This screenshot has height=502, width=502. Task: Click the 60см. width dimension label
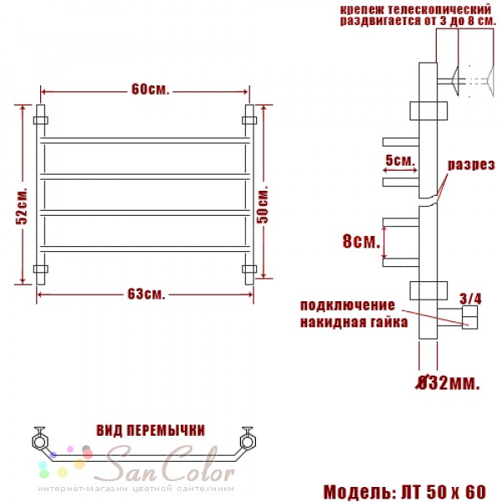click(150, 90)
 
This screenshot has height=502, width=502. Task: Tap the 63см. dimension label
click(146, 294)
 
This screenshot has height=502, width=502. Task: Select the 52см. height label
click(22, 205)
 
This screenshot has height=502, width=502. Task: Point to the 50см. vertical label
click(263, 203)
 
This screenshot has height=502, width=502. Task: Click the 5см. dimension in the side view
click(400, 160)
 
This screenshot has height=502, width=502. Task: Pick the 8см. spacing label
click(361, 241)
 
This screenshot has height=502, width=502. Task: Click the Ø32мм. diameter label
click(448, 382)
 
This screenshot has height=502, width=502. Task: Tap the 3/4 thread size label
click(470, 299)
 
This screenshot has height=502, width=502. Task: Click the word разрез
click(471, 165)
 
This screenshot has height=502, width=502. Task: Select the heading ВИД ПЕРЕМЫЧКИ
click(151, 430)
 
